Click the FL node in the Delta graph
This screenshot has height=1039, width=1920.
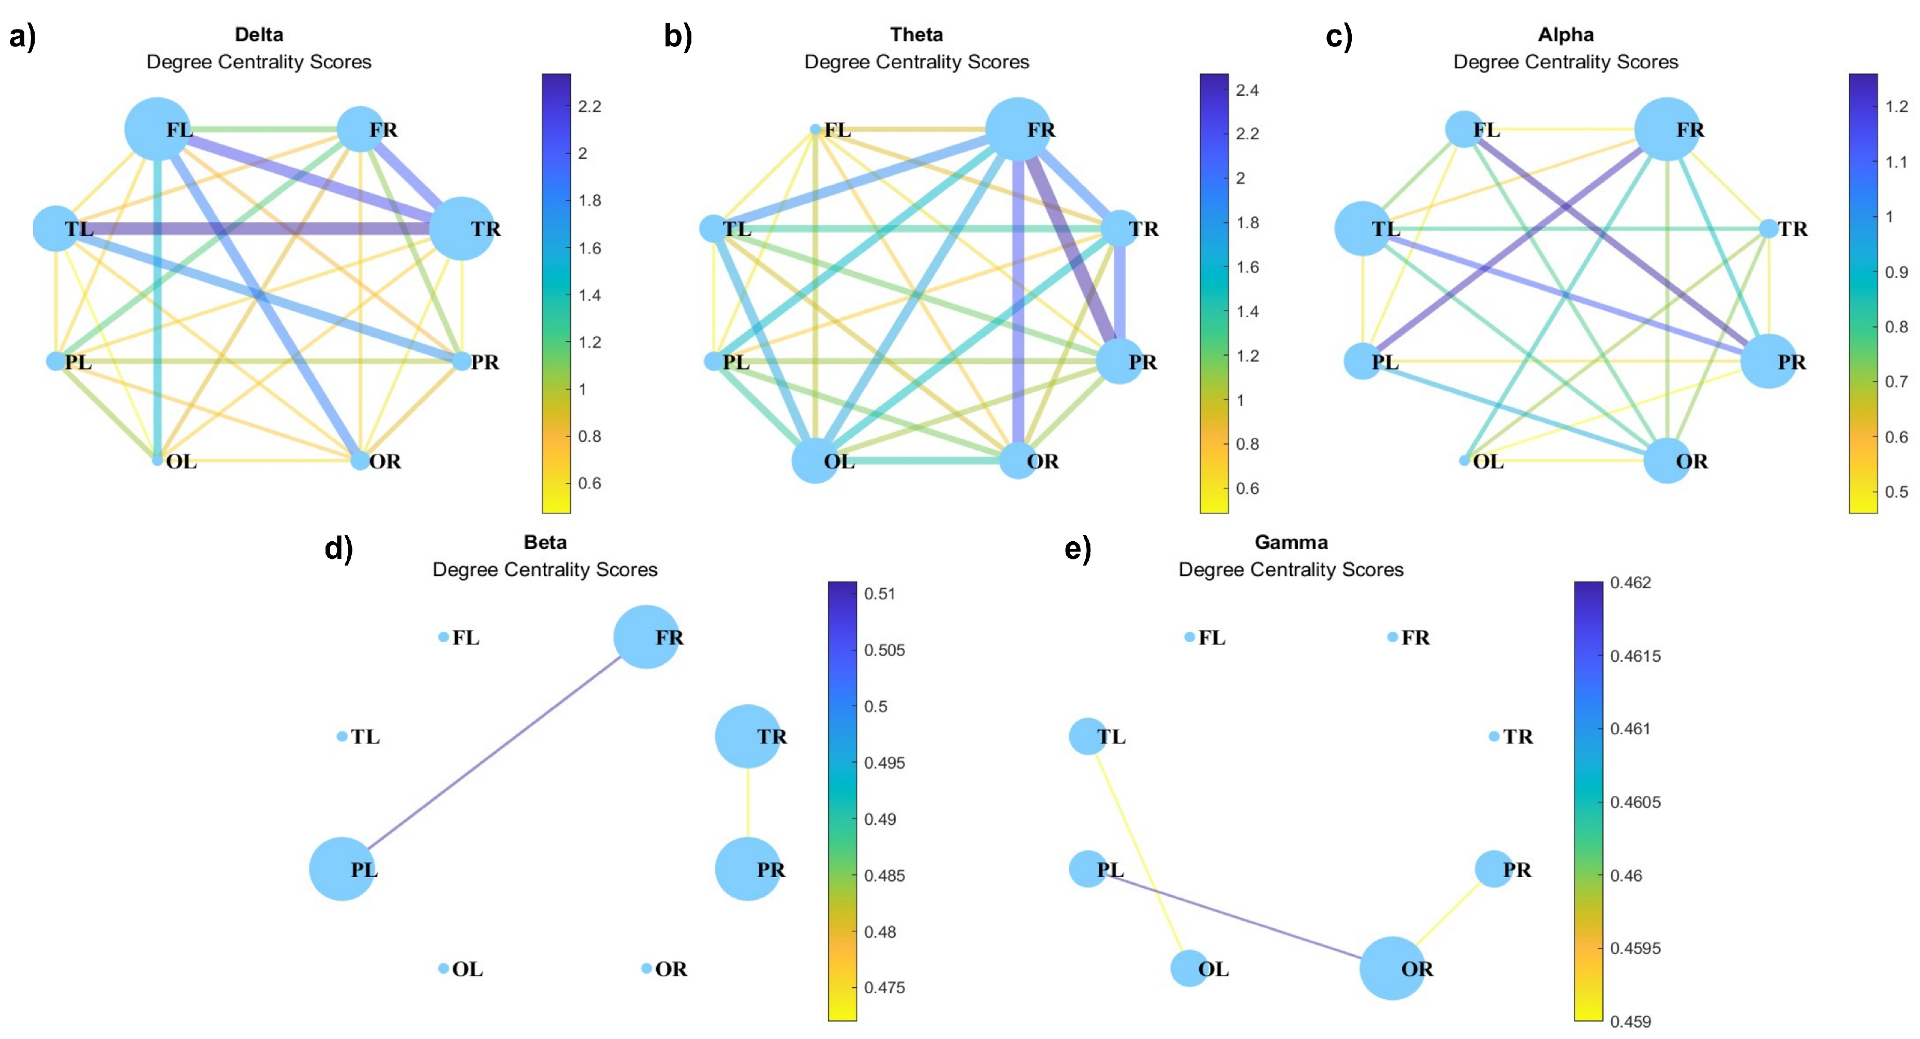pos(156,130)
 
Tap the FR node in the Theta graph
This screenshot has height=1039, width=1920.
pos(1018,130)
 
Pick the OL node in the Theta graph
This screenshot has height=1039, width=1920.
pos(816,461)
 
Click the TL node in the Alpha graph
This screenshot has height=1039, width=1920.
pos(1363,228)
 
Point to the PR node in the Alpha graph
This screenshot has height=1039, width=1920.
pos(1769,362)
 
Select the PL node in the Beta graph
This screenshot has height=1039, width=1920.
pos(342,869)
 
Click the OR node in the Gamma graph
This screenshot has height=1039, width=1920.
pos(1392,968)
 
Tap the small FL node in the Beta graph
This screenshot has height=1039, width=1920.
pos(444,637)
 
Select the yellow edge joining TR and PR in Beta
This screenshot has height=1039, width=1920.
pos(748,803)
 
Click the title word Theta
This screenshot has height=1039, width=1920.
pos(916,34)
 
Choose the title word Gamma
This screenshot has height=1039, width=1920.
pos(1291,542)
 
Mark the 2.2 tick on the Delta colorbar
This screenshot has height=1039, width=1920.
pos(589,107)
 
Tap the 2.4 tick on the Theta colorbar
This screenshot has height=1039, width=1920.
pos(1247,90)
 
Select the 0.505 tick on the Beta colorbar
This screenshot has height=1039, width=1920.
pos(884,650)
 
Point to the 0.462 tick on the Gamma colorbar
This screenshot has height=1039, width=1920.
pos(1630,582)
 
